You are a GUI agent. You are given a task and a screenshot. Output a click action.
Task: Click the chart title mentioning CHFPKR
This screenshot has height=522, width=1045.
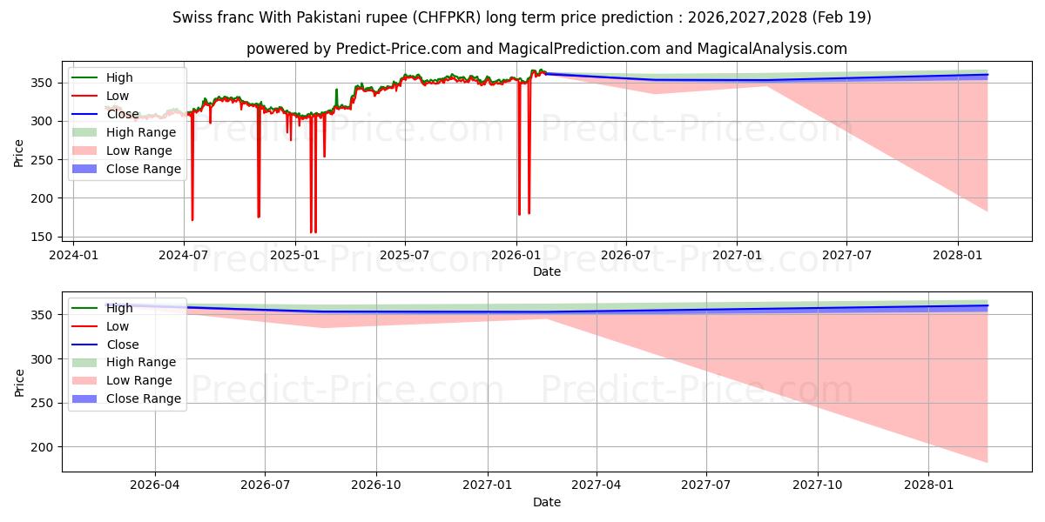coord(522,17)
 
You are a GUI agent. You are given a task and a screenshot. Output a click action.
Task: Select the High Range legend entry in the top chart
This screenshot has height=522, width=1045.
coord(124,132)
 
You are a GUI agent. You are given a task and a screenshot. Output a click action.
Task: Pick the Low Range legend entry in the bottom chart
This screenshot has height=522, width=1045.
coord(122,380)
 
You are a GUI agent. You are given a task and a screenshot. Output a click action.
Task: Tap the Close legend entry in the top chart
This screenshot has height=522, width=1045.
coord(105,114)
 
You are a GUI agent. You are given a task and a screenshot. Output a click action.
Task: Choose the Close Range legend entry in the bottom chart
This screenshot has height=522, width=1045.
coord(126,398)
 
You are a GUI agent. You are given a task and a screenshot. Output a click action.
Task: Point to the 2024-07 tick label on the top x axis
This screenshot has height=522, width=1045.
coord(184,256)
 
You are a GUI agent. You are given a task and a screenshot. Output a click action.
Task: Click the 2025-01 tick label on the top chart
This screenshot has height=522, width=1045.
coord(295,256)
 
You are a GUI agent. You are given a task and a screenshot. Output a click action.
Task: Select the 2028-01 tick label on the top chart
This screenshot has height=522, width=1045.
coord(957,256)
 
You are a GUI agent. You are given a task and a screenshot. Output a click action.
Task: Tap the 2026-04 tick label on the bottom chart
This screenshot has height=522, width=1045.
coord(154,485)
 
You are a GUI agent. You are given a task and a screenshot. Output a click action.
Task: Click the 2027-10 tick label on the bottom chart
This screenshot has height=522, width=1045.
coord(818,485)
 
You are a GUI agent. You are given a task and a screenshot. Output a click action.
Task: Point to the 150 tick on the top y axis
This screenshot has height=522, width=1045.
coord(42,238)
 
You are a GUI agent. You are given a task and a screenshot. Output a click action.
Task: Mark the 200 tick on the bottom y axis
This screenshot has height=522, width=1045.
coord(42,447)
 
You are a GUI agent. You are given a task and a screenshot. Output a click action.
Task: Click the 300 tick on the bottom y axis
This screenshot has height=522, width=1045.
coord(42,359)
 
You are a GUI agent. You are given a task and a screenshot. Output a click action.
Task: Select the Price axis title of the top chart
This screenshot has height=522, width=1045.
coord(18,153)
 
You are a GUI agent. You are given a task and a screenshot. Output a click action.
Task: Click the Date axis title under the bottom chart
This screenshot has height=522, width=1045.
coord(547,502)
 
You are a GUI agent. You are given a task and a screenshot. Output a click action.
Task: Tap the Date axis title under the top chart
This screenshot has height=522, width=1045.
coord(547,271)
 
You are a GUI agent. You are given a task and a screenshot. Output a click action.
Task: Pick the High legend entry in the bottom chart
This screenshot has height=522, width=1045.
coord(103,308)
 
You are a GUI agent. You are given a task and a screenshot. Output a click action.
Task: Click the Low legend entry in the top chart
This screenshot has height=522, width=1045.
coord(100,96)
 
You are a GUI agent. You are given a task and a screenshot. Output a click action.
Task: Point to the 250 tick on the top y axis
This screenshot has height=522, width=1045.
coord(42,160)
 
